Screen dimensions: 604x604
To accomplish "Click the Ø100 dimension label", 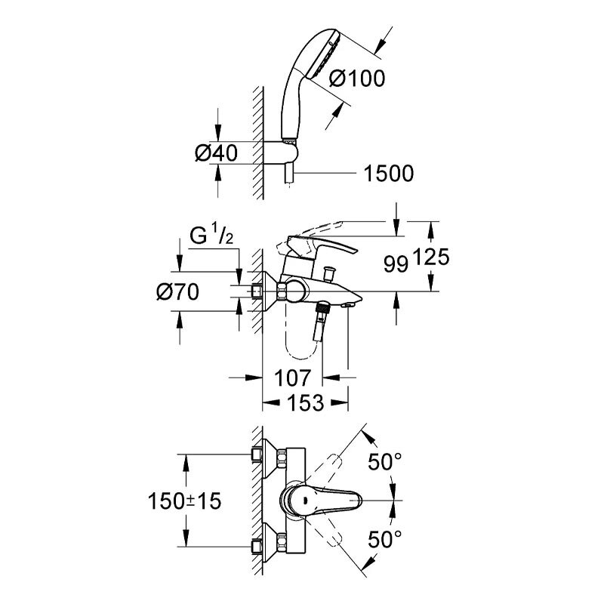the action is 357,79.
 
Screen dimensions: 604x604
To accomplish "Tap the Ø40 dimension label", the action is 217,153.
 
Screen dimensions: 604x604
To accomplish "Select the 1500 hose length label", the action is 389,174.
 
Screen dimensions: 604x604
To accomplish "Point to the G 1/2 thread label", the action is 211,236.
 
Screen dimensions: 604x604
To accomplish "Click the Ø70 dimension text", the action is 177,291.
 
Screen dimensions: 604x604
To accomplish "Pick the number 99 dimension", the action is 396,264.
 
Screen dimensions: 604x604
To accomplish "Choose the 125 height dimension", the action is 431,257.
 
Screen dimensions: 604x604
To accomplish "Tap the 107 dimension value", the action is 292,378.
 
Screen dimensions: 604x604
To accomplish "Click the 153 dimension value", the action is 306,403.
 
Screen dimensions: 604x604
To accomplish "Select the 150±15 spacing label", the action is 184,501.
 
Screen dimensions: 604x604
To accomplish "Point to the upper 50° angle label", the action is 385,461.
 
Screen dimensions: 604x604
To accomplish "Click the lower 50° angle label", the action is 385,539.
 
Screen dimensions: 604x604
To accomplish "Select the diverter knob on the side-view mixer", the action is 330,273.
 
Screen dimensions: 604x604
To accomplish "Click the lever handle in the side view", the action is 318,246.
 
